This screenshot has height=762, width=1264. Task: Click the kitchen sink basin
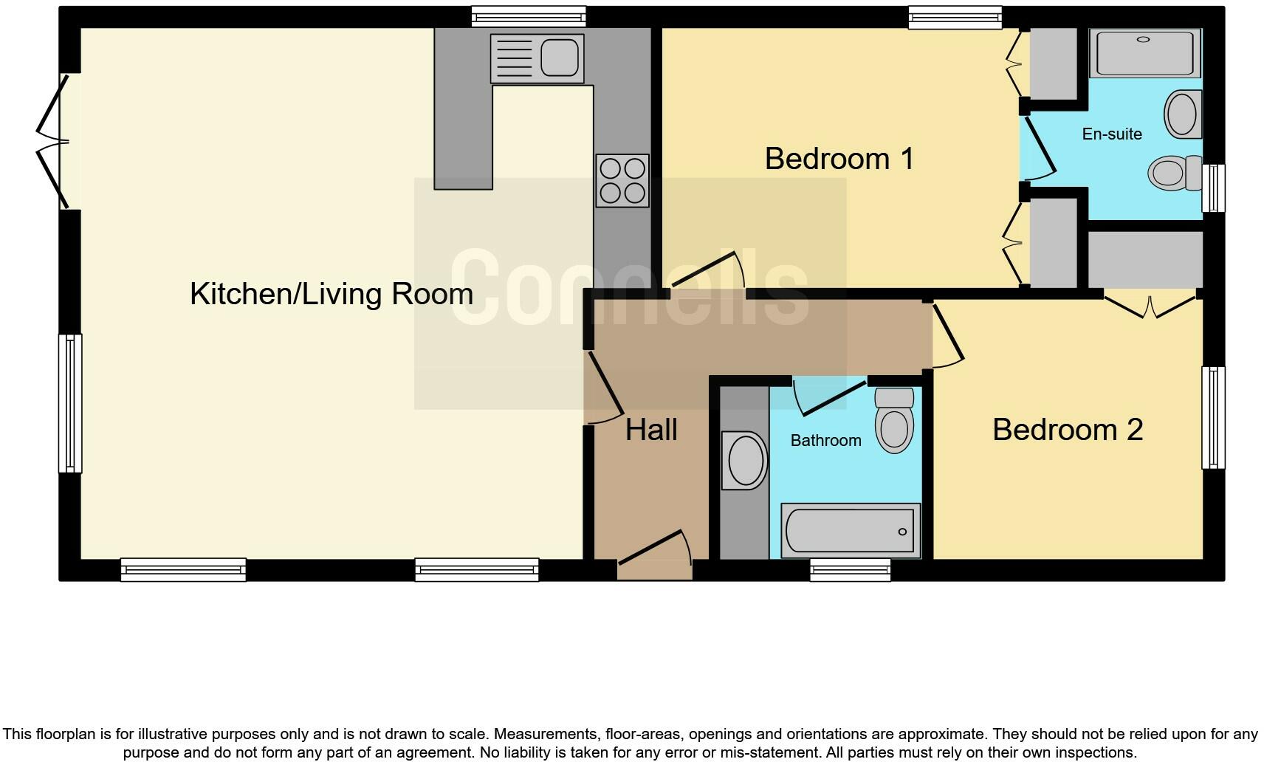point(559,58)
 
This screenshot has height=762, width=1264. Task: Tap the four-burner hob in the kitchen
point(622,180)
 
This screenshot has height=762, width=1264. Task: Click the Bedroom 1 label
point(839,159)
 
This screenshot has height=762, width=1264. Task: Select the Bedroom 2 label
point(1067,430)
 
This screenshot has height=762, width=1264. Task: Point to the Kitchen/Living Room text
point(332,294)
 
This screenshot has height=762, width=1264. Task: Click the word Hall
point(651,430)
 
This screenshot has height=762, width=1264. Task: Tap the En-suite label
point(1111,134)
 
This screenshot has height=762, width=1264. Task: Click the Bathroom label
point(825,441)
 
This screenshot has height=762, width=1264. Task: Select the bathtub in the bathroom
point(851,531)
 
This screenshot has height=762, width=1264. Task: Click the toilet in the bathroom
point(894,421)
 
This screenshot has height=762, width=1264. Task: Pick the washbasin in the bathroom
point(745,460)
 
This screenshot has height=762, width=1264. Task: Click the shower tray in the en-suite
point(1144,52)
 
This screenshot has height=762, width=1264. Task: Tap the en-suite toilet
point(1174,172)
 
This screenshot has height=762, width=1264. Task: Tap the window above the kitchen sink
point(529,16)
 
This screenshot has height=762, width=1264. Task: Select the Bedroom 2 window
point(1213,417)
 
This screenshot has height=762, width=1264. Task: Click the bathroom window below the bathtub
point(850,569)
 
